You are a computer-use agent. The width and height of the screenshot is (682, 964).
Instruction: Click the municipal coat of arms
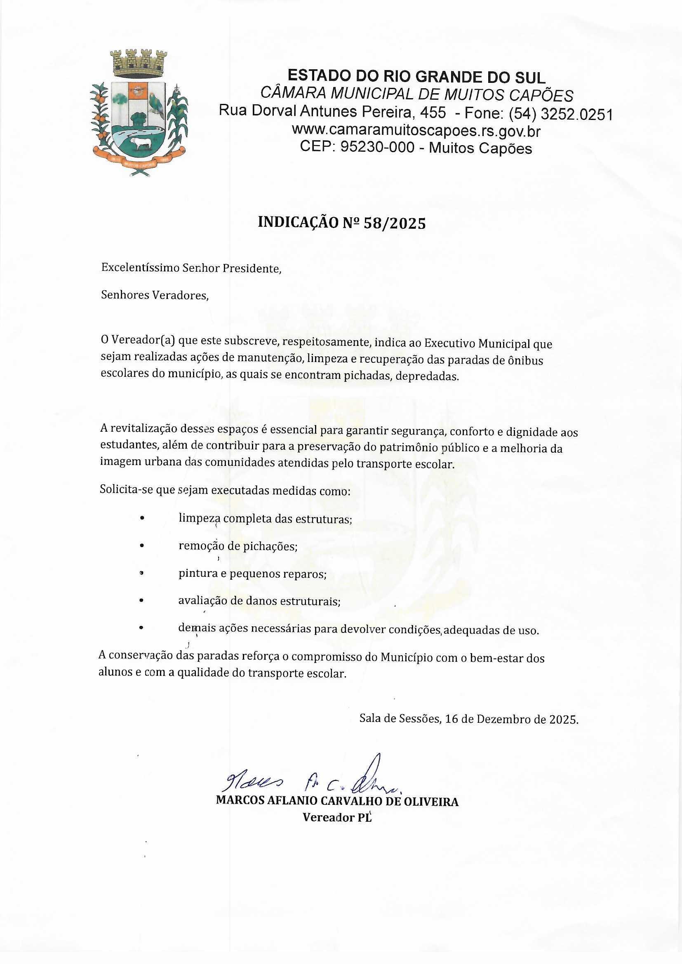(x=139, y=113)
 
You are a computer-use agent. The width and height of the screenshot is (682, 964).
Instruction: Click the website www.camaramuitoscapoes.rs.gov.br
(x=416, y=131)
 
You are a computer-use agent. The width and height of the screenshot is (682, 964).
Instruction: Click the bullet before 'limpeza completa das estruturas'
(x=142, y=519)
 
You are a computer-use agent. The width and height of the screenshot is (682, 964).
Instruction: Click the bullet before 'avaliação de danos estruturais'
(x=142, y=601)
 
